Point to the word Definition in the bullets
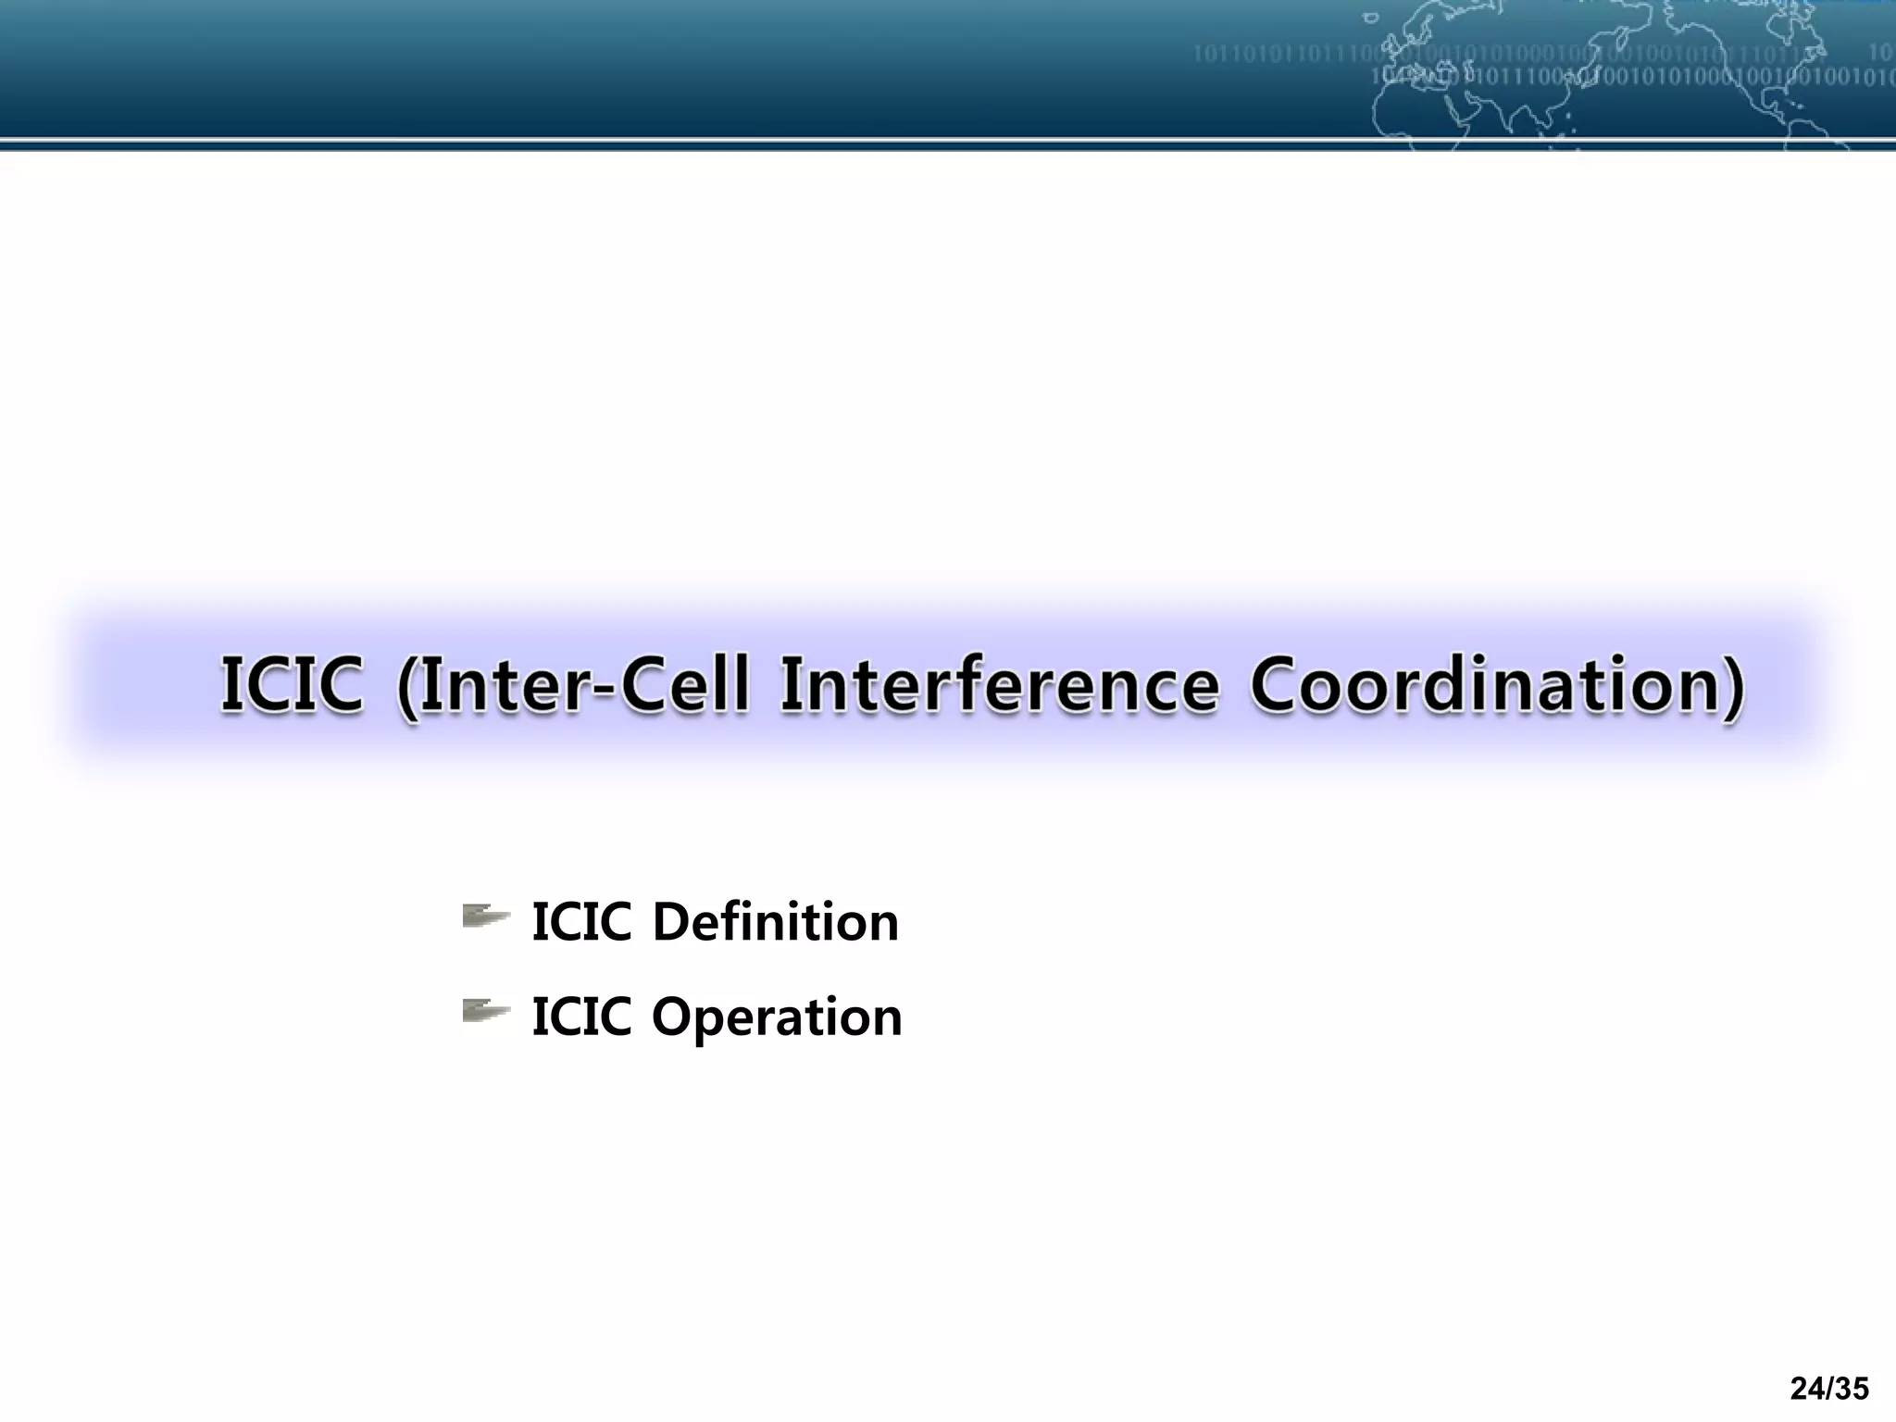[775, 922]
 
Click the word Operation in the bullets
[777, 1017]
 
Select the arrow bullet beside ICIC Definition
[485, 917]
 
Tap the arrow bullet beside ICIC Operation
[485, 1011]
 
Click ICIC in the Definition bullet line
[581, 922]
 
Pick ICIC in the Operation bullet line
[581, 1017]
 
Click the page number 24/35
[1829, 1389]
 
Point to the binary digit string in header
[1296, 54]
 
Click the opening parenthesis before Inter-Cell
[407, 687]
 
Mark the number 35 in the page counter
[1851, 1389]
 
